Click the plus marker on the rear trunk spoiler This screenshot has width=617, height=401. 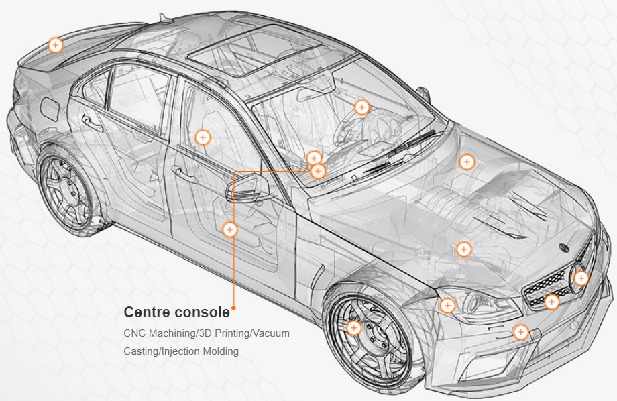pyautogui.click(x=56, y=46)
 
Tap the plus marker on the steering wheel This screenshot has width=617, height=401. pyautogui.click(x=362, y=107)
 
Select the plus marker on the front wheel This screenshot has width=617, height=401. pyautogui.click(x=354, y=328)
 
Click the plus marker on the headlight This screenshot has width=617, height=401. pyautogui.click(x=447, y=306)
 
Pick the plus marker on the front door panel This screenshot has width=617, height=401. pyautogui.click(x=229, y=229)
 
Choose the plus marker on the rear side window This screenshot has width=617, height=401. pyautogui.click(x=203, y=137)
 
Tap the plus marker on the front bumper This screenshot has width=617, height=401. pyautogui.click(x=520, y=332)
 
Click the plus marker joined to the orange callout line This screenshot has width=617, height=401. pyautogui.click(x=318, y=171)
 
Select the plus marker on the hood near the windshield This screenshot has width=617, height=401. pyautogui.click(x=467, y=162)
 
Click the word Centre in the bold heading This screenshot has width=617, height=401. pyautogui.click(x=145, y=312)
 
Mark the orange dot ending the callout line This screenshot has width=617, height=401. pyautogui.click(x=233, y=309)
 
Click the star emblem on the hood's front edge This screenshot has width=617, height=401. pyautogui.click(x=564, y=247)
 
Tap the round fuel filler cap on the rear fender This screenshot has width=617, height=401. pyautogui.click(x=50, y=107)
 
